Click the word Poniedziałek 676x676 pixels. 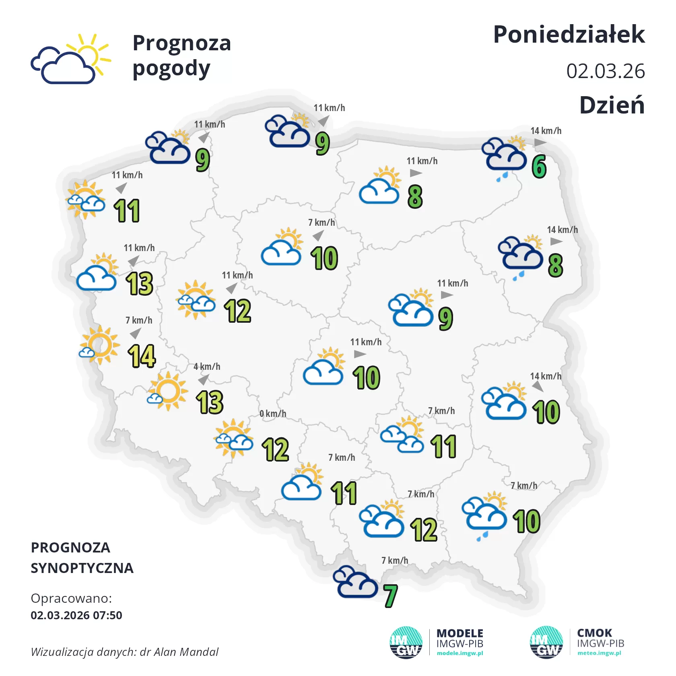[x=569, y=35]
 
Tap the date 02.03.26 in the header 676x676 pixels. [x=605, y=71]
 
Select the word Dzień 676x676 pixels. [x=612, y=105]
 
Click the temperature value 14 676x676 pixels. [x=142, y=357]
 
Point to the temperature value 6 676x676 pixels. [x=539, y=167]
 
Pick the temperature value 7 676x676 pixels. [x=390, y=596]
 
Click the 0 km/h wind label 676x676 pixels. [x=272, y=414]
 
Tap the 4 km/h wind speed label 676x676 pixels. [x=207, y=367]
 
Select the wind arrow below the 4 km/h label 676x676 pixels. [x=204, y=379]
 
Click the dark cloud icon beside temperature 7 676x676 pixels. [x=355, y=582]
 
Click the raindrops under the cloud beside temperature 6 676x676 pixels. [x=502, y=177]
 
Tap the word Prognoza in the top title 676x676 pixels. [x=181, y=43]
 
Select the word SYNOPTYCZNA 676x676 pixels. [x=82, y=568]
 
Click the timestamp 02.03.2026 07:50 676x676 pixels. [x=76, y=615]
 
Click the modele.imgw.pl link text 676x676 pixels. [x=460, y=653]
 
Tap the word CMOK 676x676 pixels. [x=594, y=633]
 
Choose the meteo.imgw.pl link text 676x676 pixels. [x=599, y=653]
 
